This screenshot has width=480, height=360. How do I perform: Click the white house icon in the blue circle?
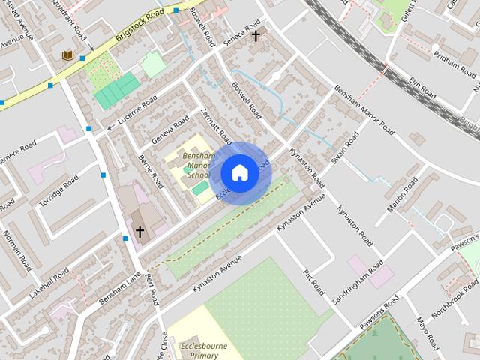click(238, 172)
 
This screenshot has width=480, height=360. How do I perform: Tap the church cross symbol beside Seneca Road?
click(256, 35)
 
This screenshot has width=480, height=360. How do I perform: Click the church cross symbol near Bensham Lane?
click(139, 232)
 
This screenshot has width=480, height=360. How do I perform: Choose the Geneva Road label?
click(170, 129)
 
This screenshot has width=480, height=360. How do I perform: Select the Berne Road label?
click(151, 171)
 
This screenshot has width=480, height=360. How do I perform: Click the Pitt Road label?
click(314, 281)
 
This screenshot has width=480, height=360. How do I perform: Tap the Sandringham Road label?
click(358, 280)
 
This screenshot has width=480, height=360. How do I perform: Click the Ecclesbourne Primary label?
click(204, 352)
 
